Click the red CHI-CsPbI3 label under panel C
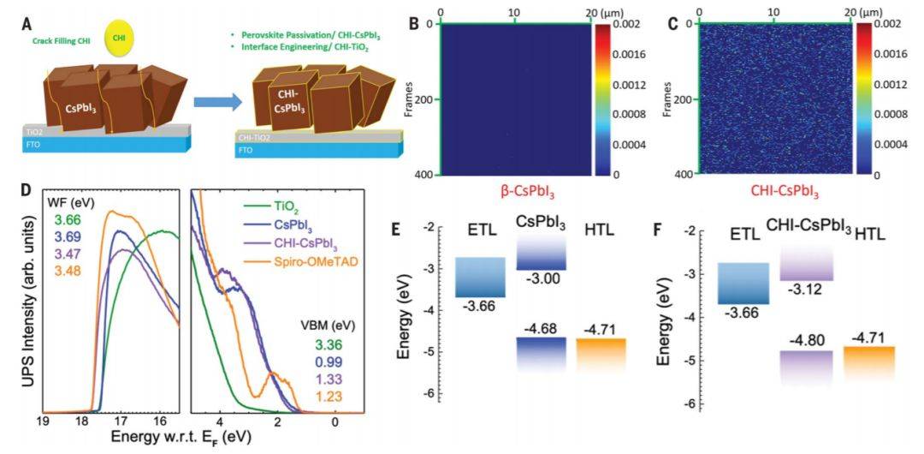click(x=773, y=189)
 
